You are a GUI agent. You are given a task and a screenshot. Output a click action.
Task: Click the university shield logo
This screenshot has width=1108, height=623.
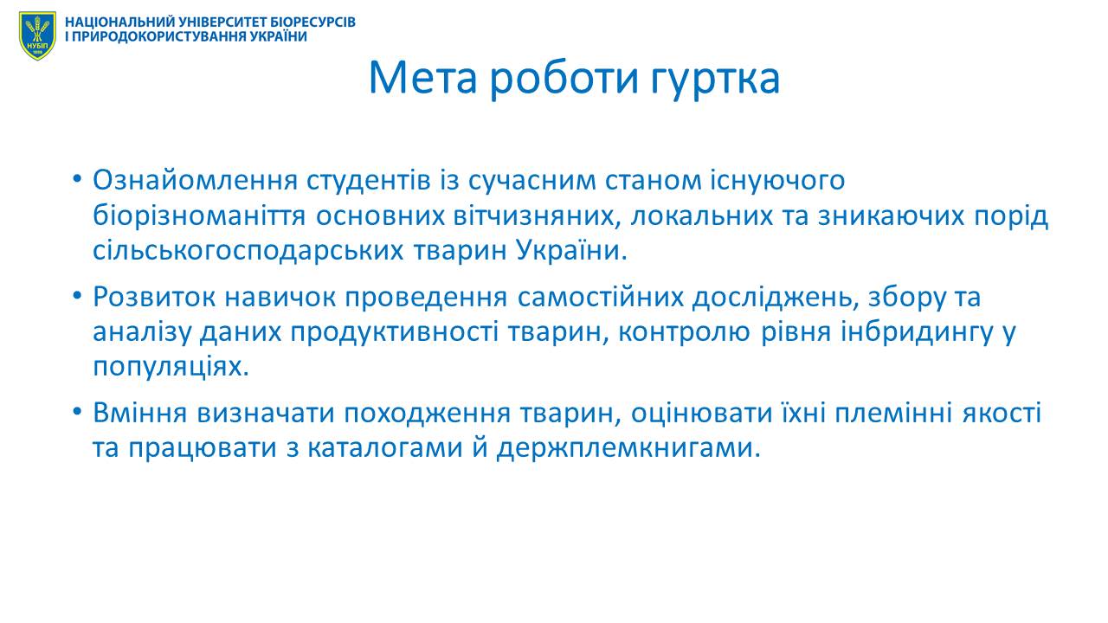click(x=37, y=35)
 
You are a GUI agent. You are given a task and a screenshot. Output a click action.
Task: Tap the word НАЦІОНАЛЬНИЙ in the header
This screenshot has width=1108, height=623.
click(x=120, y=22)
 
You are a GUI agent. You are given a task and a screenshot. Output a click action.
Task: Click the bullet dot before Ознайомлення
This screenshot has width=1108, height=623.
click(x=76, y=178)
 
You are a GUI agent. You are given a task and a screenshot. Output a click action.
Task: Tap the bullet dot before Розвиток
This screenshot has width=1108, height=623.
click(x=76, y=296)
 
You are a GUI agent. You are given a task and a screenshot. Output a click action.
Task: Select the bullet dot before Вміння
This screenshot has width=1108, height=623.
click(x=76, y=412)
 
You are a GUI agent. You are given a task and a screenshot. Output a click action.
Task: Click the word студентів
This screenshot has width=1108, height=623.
click(x=369, y=181)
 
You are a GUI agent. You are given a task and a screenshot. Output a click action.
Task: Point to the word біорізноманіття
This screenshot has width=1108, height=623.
click(x=199, y=216)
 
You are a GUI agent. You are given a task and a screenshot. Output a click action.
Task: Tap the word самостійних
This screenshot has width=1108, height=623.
click(x=601, y=297)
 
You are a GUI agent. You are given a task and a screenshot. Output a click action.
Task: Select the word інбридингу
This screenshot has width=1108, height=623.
click(x=918, y=333)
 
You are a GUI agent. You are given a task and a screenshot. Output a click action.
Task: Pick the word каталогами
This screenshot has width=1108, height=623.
click(x=385, y=449)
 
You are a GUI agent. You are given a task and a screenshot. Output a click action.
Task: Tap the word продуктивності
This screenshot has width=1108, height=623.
click(x=394, y=333)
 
